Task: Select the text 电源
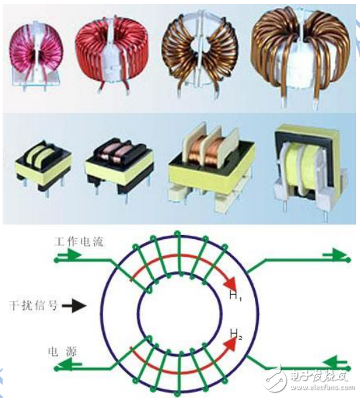click(x=61, y=353)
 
